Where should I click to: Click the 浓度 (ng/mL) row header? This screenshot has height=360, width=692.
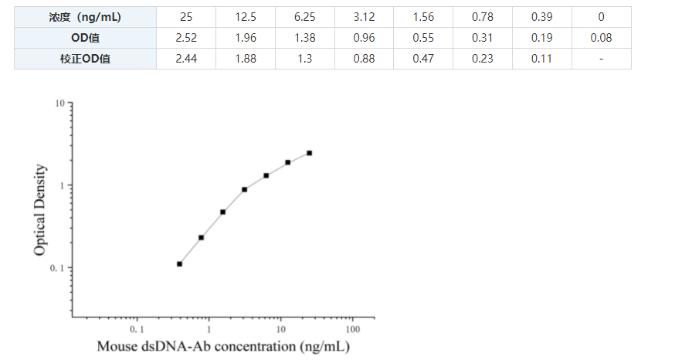(x=85, y=17)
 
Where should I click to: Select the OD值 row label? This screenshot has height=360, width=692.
(x=85, y=38)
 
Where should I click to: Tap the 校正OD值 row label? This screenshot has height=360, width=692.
(x=85, y=59)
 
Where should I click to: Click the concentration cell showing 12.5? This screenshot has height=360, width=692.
(x=245, y=17)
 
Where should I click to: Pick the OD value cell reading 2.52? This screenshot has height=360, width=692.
(x=185, y=38)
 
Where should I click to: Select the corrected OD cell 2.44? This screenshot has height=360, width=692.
(x=185, y=59)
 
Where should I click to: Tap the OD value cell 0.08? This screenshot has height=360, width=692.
(x=601, y=38)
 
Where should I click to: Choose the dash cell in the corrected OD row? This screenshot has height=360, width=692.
(x=601, y=59)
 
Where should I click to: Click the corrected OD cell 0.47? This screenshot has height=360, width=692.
(x=422, y=59)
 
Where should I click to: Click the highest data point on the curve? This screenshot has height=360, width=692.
(x=310, y=153)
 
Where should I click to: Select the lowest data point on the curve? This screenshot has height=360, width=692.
(x=179, y=264)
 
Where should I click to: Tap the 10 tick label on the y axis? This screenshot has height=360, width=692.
(x=59, y=104)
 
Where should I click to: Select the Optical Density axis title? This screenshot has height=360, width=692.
(x=41, y=210)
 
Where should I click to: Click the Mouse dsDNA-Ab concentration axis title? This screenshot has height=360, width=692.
(x=222, y=346)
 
